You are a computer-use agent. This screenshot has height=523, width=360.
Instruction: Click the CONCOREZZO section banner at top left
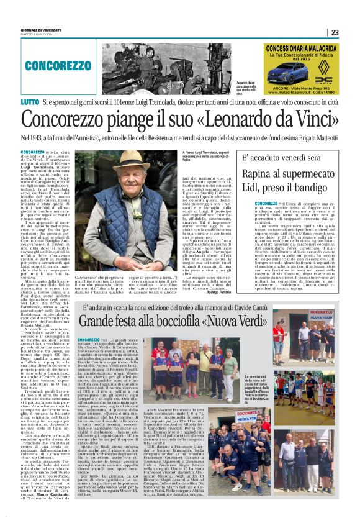pos(66,65)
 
